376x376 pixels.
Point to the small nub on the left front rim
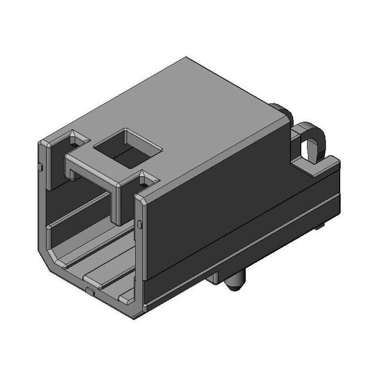(x=41, y=167)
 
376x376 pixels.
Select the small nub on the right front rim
(x=139, y=224)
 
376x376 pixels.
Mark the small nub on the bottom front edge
(x=88, y=290)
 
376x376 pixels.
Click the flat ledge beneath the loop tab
(x=320, y=167)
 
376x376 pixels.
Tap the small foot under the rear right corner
(x=320, y=226)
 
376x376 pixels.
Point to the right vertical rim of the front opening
(x=139, y=253)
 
